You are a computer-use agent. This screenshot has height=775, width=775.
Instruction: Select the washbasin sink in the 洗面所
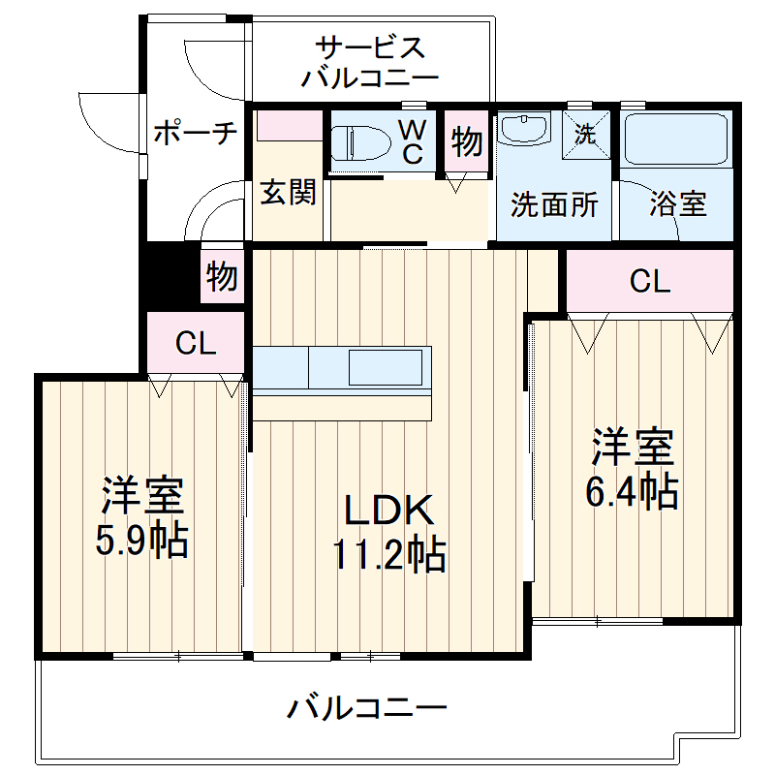524,131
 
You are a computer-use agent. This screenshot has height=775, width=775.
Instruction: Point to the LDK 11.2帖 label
389,533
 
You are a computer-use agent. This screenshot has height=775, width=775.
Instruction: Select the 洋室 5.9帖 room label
141,519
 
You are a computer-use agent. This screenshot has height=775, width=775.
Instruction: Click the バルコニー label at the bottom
367,709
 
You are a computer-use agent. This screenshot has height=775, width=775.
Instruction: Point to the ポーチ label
195,133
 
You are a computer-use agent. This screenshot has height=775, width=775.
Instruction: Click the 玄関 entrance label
287,193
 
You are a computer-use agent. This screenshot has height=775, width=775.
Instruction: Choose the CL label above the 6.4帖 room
649,281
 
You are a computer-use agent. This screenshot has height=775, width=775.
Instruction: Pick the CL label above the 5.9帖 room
196,343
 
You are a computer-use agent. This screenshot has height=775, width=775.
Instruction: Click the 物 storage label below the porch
222,277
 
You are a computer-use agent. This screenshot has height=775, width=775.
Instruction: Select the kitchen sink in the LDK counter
385,368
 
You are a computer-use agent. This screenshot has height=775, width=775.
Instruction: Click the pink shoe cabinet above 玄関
288,125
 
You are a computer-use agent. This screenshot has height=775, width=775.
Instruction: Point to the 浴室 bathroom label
677,203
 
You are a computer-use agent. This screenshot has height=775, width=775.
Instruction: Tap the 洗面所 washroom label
554,204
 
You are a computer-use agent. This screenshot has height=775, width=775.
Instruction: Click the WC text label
413,141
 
